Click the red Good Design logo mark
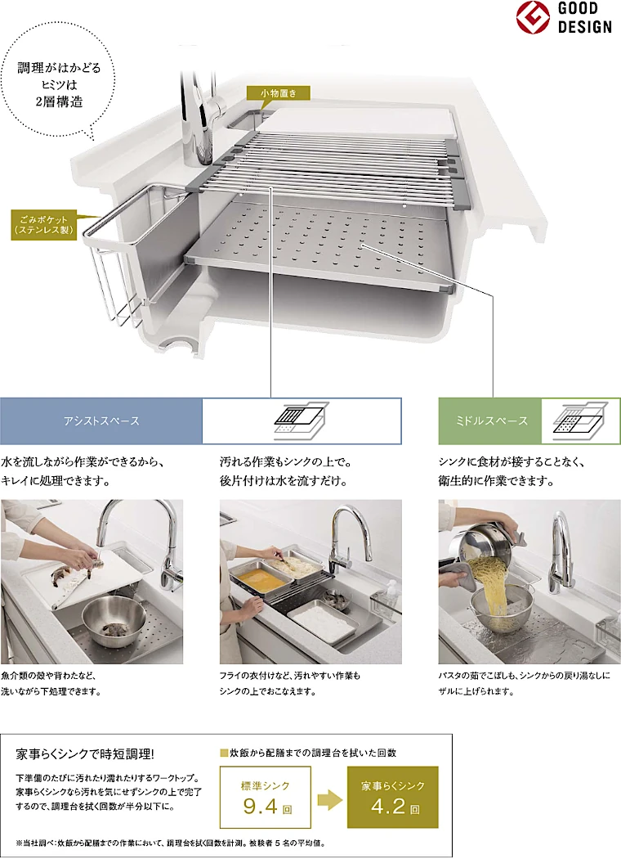coord(533,17)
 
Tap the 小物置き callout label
coord(278,93)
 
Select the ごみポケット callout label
coord(44,225)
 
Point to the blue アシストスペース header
coord(101,421)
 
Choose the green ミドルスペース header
coord(490,421)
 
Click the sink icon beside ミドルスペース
coord(580,421)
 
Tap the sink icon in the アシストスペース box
coord(301,421)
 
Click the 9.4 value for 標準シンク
coord(261,807)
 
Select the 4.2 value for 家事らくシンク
coord(388,807)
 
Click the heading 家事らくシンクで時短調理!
coord(85,754)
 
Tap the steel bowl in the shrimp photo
coord(114,620)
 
